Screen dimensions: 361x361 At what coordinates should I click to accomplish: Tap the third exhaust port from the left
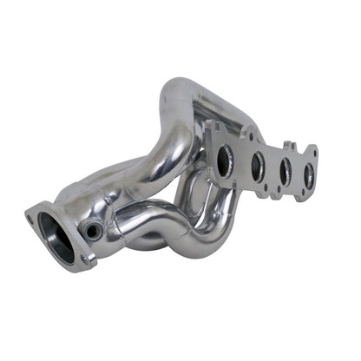point(285,170)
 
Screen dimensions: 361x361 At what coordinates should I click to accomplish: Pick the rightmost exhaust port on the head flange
point(307,177)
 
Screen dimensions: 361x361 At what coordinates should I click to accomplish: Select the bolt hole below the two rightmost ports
point(298,195)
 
